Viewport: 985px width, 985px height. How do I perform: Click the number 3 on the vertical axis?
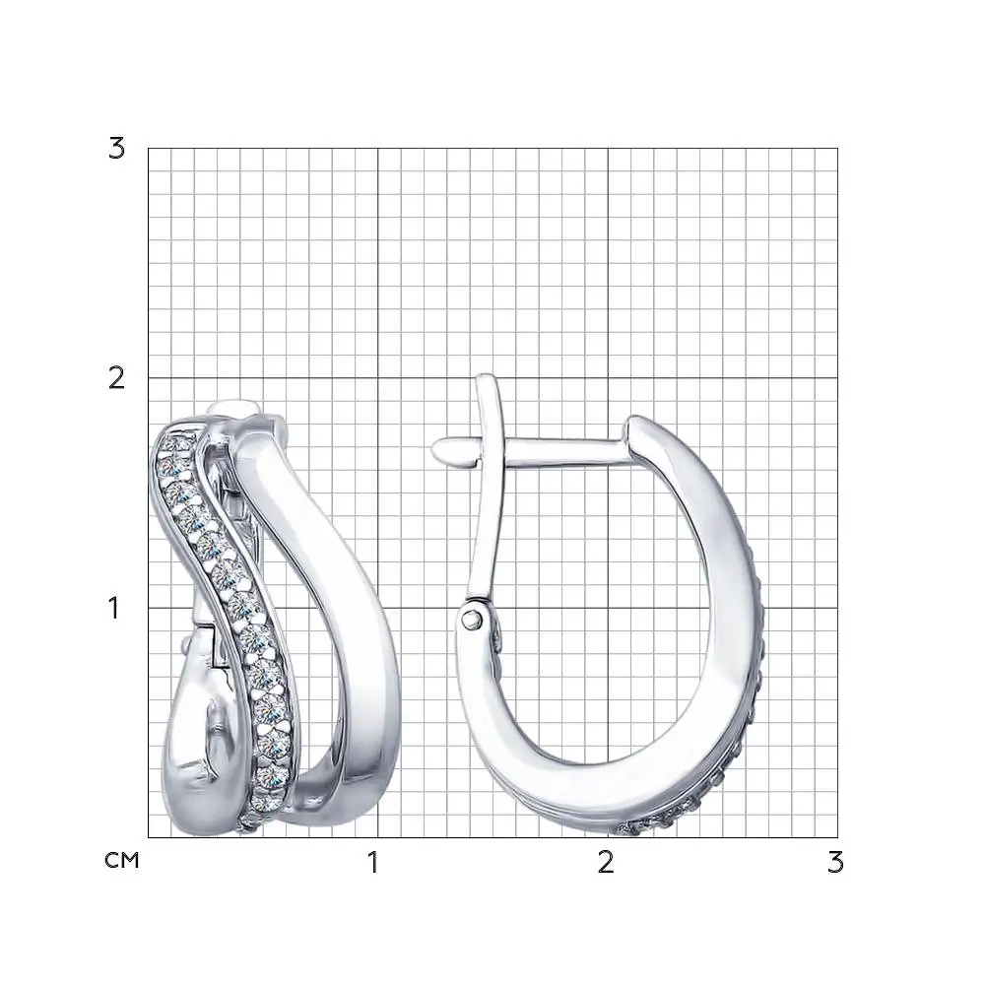coord(117,149)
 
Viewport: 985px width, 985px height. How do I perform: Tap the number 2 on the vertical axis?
coord(117,378)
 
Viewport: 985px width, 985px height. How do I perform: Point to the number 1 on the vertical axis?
coord(113,608)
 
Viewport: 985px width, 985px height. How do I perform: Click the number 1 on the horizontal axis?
coord(373,863)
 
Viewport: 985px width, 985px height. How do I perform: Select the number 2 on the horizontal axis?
coord(606,863)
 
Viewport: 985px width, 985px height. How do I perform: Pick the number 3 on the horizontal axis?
coord(835,863)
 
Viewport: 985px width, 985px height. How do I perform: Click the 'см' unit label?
coord(122,860)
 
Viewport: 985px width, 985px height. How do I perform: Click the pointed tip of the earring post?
coord(434,448)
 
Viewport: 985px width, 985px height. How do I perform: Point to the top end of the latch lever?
coord(487,378)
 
